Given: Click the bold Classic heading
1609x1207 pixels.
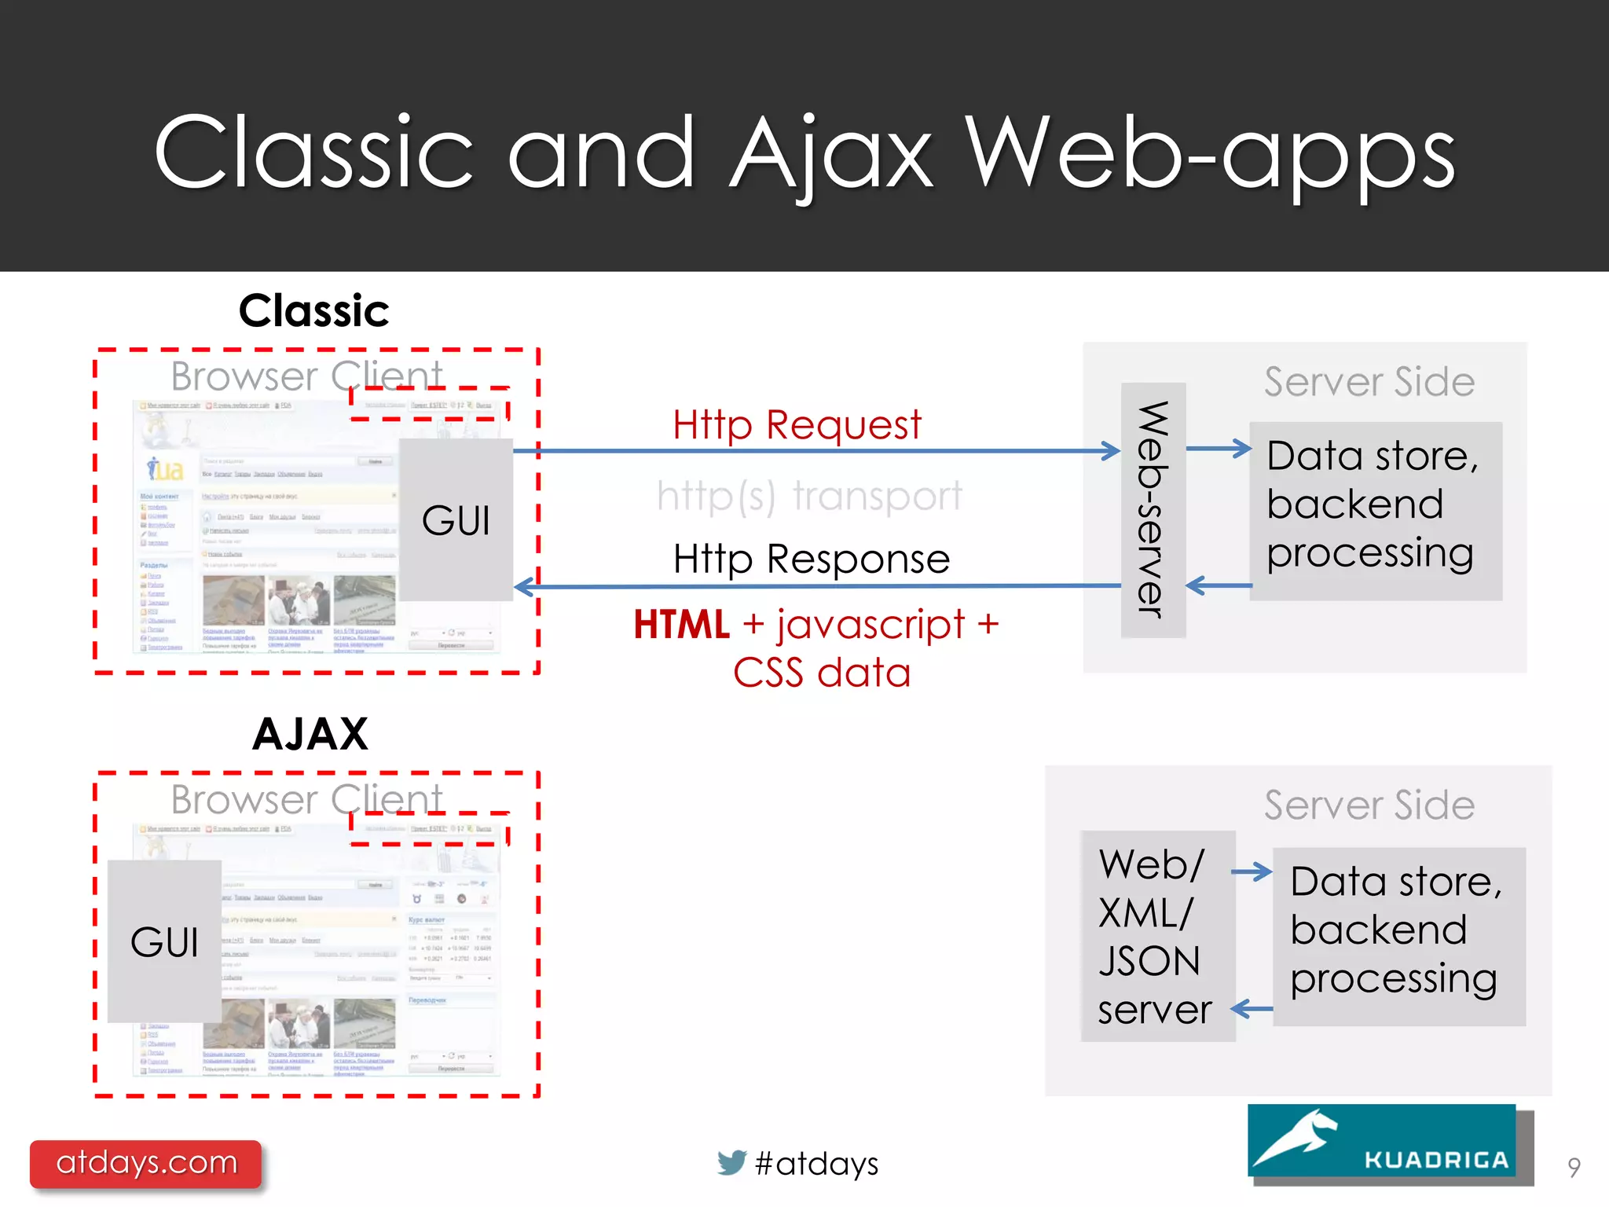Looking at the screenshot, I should [x=313, y=311].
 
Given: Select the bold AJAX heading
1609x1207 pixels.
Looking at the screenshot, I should [x=310, y=734].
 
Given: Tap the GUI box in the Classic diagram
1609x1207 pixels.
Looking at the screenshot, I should [x=456, y=520].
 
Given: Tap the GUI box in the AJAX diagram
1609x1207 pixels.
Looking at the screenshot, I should [x=164, y=941].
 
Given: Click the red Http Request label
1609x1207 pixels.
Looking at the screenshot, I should [x=796, y=425].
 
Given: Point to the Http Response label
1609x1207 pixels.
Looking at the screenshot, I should [x=812, y=559].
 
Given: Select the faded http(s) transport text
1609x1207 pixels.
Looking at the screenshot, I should [x=809, y=496].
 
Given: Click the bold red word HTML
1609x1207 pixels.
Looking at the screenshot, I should [x=682, y=626].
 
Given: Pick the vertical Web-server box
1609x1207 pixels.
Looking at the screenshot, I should [x=1153, y=509].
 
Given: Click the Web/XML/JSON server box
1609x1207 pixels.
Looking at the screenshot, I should [x=1156, y=936].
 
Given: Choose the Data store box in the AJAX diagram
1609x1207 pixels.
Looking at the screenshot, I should [x=1398, y=936].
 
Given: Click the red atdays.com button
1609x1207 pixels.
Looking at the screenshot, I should [x=146, y=1163].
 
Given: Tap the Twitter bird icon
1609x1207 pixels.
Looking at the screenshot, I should [x=731, y=1162].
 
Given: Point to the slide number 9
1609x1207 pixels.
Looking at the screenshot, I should [x=1573, y=1167].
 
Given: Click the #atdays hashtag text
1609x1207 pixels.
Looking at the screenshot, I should [x=816, y=1164].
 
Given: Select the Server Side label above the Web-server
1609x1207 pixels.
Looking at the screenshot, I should [x=1369, y=382].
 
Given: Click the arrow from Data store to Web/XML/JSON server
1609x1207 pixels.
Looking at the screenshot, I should [x=1252, y=1009].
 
